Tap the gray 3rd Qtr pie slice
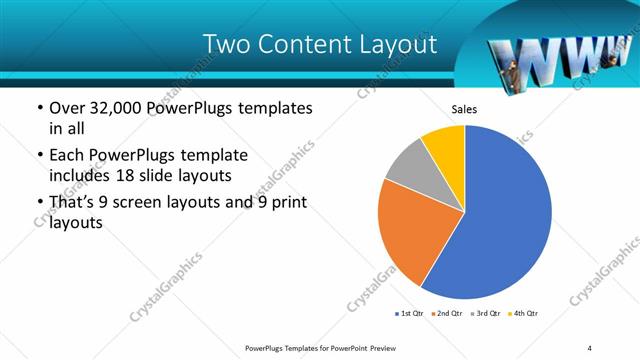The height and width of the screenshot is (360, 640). point(408,165)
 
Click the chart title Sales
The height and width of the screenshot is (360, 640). point(465,109)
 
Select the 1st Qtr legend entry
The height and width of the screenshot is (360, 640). point(410,314)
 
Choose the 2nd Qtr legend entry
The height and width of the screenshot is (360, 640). point(448,314)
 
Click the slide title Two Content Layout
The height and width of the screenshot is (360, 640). point(319,44)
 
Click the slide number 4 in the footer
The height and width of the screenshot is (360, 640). point(590,348)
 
